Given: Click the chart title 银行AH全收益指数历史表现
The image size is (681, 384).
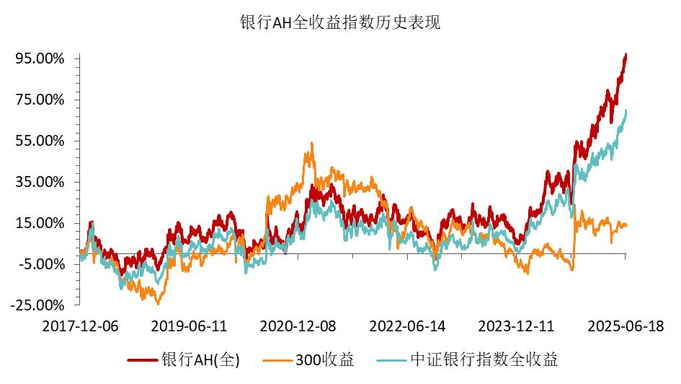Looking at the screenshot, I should click(340, 22).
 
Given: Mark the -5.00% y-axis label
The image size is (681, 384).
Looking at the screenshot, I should click(43, 264).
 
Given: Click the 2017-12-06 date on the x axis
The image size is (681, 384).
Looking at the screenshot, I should click(80, 326).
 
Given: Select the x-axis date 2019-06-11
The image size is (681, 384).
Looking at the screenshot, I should click(189, 326).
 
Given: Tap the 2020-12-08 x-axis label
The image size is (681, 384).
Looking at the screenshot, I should click(298, 326).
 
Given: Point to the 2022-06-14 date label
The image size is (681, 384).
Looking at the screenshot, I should click(407, 326).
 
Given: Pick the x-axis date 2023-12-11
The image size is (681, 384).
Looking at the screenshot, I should click(516, 326).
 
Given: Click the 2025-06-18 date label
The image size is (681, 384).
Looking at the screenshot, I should click(625, 326).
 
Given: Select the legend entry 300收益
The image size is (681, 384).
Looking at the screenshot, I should click(325, 359).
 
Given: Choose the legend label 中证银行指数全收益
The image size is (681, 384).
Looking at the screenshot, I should click(484, 359).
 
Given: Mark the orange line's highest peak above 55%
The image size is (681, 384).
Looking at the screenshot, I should click(312, 143).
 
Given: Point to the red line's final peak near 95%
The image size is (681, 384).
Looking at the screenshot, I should click(626, 54).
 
